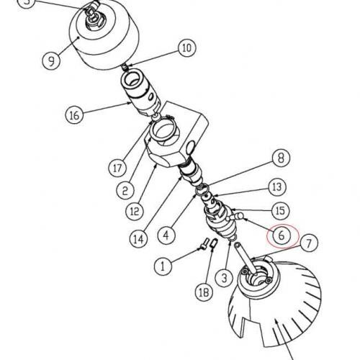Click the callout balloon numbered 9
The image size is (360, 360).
(x=51, y=60)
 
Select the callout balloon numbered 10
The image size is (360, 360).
(x=187, y=48)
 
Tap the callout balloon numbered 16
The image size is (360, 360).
(x=74, y=115)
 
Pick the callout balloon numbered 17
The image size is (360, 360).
(x=117, y=168)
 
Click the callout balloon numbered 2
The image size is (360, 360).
(x=125, y=190)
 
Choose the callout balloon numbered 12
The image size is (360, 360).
(x=135, y=211)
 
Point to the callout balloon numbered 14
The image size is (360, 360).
(x=139, y=239)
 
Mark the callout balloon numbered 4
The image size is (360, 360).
(x=166, y=235)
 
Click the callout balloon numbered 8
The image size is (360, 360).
(x=281, y=158)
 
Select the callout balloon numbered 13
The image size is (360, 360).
(x=277, y=186)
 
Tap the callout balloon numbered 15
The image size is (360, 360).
(x=280, y=210)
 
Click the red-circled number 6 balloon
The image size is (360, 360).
(x=282, y=235)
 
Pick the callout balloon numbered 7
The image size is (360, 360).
(x=309, y=243)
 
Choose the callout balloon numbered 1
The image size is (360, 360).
(x=163, y=266)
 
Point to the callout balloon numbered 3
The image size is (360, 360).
(x=224, y=278)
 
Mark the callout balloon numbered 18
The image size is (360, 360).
(x=204, y=292)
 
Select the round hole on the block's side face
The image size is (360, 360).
(x=191, y=147)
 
